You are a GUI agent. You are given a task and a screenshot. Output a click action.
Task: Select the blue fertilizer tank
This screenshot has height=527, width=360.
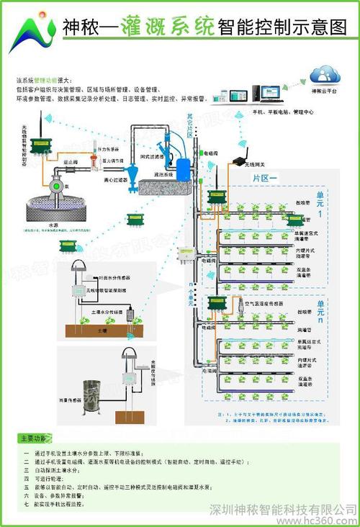pos(185,170)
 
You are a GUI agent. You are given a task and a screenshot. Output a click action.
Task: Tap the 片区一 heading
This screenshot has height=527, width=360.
pos(264,177)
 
